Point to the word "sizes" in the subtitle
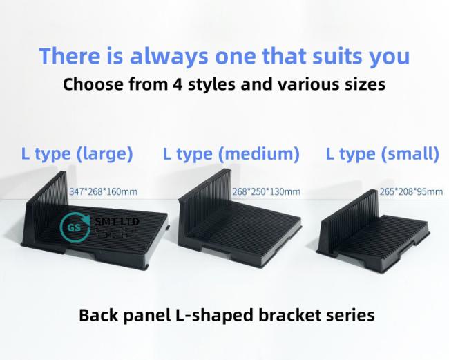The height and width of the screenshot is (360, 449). (362, 86)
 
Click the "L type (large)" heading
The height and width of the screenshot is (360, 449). (77, 153)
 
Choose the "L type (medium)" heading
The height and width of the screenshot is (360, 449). (231, 153)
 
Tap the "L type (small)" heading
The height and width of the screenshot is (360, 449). (382, 153)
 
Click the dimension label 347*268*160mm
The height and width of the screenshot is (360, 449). (104, 191)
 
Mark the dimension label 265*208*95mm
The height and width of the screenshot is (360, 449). (410, 191)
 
